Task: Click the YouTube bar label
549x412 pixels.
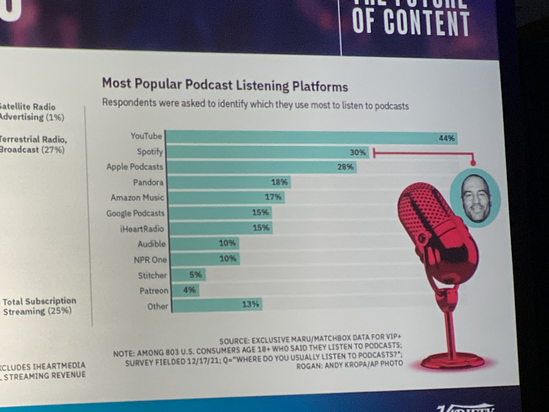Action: (146, 136)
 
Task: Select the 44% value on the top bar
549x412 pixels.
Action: (447, 138)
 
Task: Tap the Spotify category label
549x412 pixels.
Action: (150, 151)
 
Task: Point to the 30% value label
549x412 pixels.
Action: (358, 152)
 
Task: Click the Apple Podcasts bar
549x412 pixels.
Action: (261, 167)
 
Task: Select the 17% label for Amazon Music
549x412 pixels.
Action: (273, 197)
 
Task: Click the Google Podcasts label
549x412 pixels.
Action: (135, 213)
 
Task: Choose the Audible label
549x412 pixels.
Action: (152, 244)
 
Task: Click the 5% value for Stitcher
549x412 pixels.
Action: (196, 274)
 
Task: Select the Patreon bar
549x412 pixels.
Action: (185, 290)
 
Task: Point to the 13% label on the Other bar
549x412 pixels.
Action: (250, 304)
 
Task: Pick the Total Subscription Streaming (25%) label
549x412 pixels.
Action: (39, 306)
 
